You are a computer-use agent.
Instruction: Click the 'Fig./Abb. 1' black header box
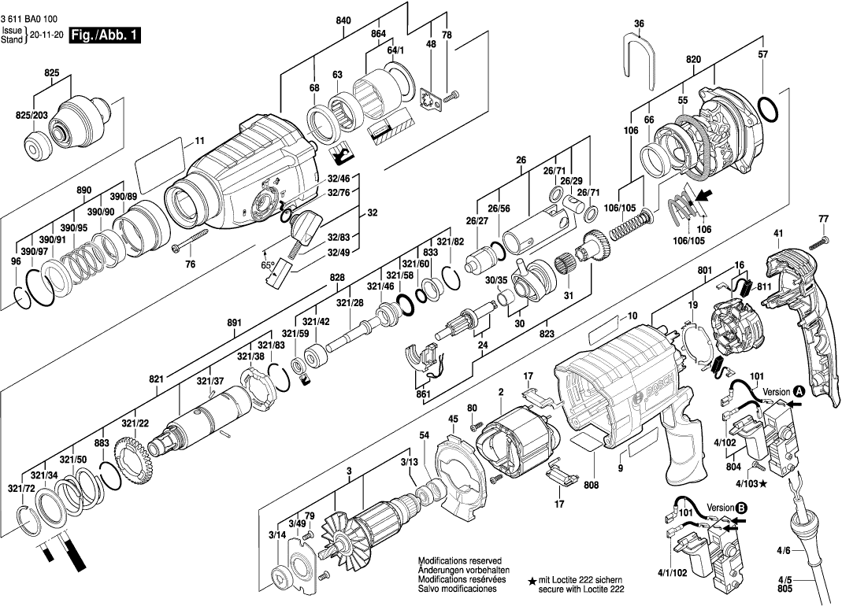105,35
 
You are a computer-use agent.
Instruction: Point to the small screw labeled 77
824,238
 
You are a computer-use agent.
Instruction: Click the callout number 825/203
32,116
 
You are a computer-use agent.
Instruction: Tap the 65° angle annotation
268,266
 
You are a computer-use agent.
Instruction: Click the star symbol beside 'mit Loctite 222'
532,580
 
